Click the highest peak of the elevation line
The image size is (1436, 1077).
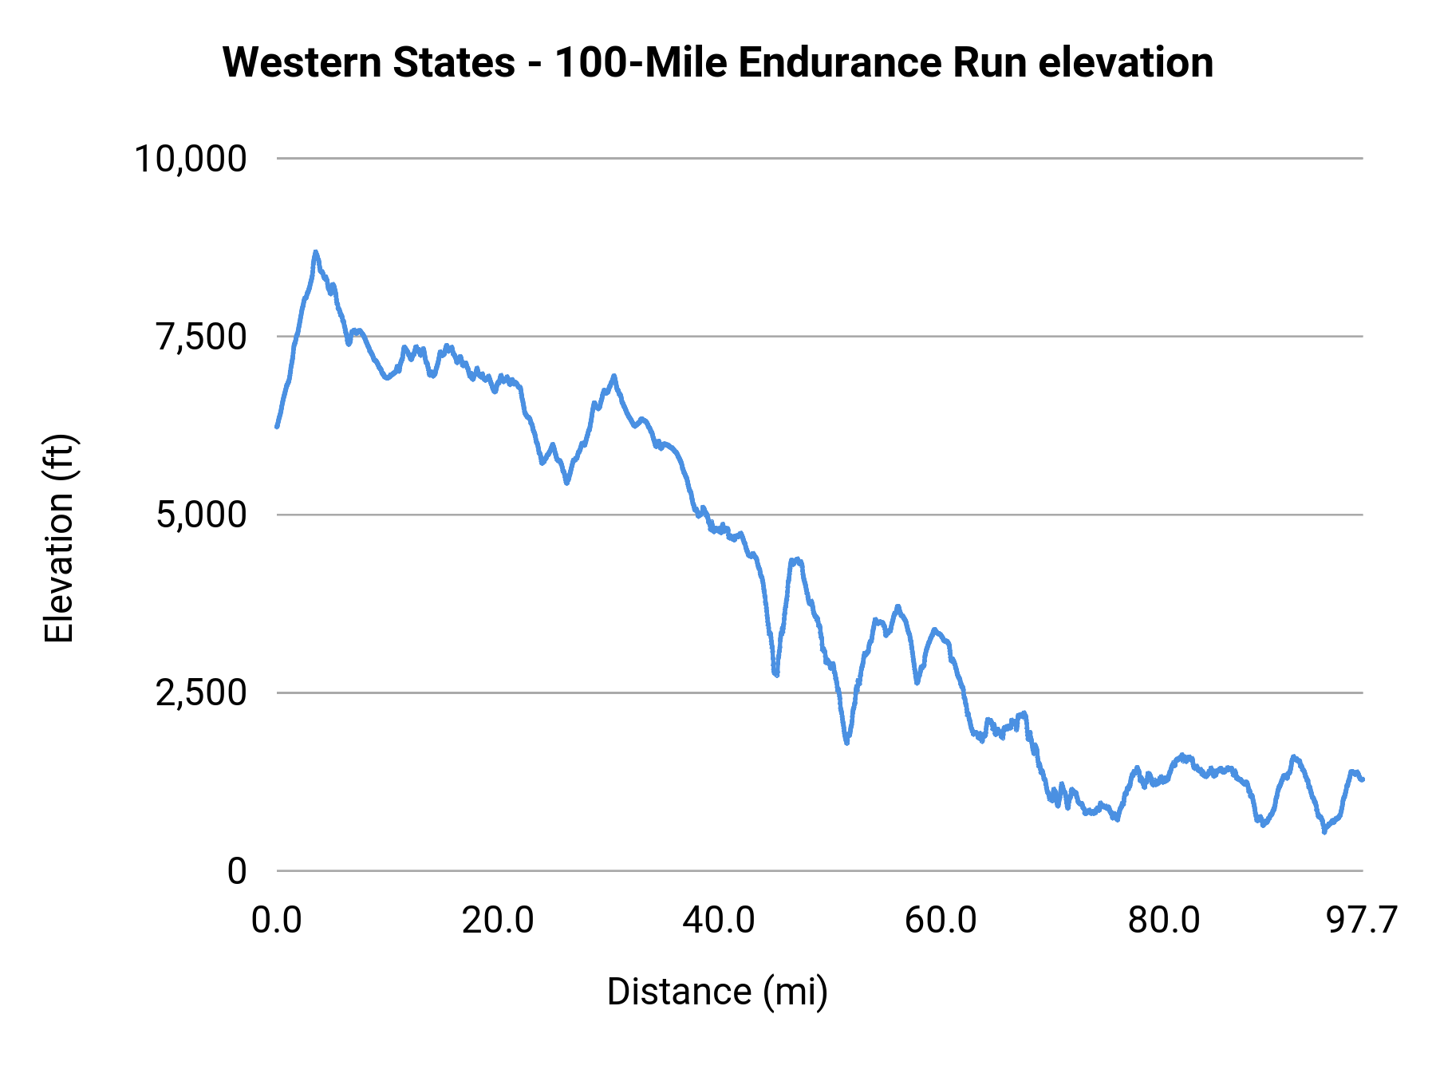click(x=315, y=252)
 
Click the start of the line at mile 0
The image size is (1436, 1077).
click(x=277, y=427)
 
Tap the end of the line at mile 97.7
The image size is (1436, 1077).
click(x=1363, y=779)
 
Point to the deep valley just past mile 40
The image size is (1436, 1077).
click(x=775, y=674)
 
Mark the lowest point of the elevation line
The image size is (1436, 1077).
click(x=1324, y=831)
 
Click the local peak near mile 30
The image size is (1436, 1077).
click(x=613, y=376)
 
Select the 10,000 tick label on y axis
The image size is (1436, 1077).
click(x=191, y=159)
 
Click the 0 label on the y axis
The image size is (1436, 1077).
click(x=237, y=870)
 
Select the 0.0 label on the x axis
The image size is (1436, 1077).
click(x=277, y=920)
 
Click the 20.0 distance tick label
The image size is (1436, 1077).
click(x=499, y=920)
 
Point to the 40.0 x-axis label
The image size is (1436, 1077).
click(x=719, y=920)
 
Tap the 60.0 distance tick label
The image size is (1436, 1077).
click(x=941, y=920)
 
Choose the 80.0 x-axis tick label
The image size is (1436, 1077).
click(x=1163, y=920)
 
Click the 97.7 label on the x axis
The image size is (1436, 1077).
click(x=1361, y=920)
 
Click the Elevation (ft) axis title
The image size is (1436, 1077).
click(x=59, y=538)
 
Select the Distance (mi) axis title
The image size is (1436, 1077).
click(x=717, y=992)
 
